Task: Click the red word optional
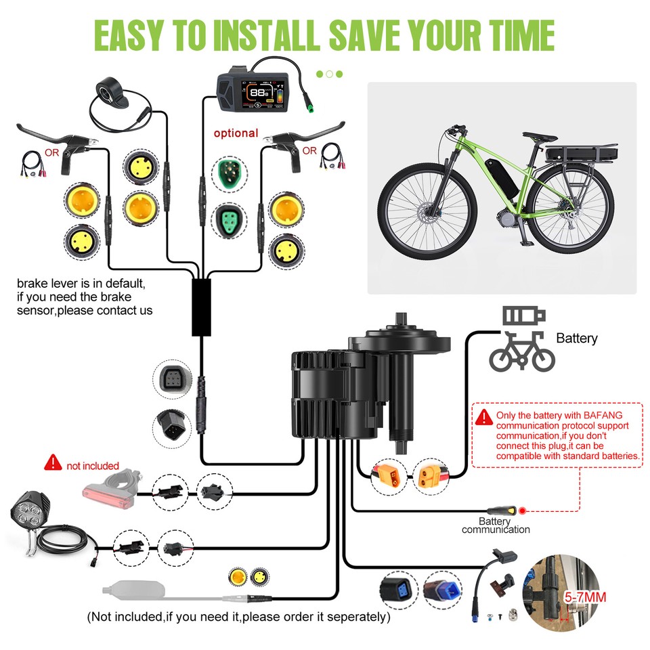pos(236,133)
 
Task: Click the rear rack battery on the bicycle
pos(582,153)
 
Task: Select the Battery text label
pos(576,338)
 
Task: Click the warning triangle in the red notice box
pos(483,416)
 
